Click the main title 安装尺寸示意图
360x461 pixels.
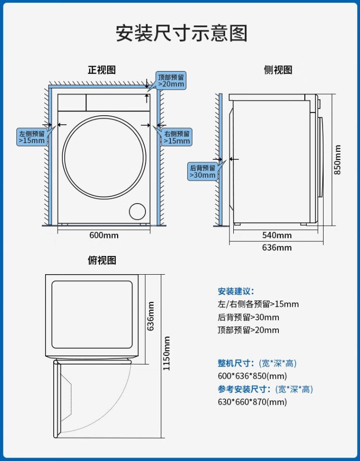click(181, 34)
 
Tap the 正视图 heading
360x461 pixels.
click(101, 70)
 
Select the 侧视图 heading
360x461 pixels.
click(278, 70)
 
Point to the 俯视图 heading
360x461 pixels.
click(102, 260)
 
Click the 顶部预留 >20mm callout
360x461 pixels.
click(171, 80)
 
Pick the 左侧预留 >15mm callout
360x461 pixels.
click(32, 137)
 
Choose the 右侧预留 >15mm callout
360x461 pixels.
click(177, 137)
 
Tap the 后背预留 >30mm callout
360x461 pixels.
click(203, 171)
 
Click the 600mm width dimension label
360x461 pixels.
click(104, 235)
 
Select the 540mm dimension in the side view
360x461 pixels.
click(277, 235)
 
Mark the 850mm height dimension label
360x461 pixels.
click(338, 160)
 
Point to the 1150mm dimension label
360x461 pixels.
click(166, 353)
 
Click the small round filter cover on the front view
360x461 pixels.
click(138, 212)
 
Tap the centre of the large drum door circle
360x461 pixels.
click(103, 157)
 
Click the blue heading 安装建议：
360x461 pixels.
click(236, 291)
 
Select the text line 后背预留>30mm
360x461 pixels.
click(248, 317)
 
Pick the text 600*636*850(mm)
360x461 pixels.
click(252, 376)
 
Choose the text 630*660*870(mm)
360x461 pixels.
click(252, 402)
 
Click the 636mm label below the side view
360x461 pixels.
click(277, 248)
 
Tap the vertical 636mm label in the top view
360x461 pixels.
click(151, 316)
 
